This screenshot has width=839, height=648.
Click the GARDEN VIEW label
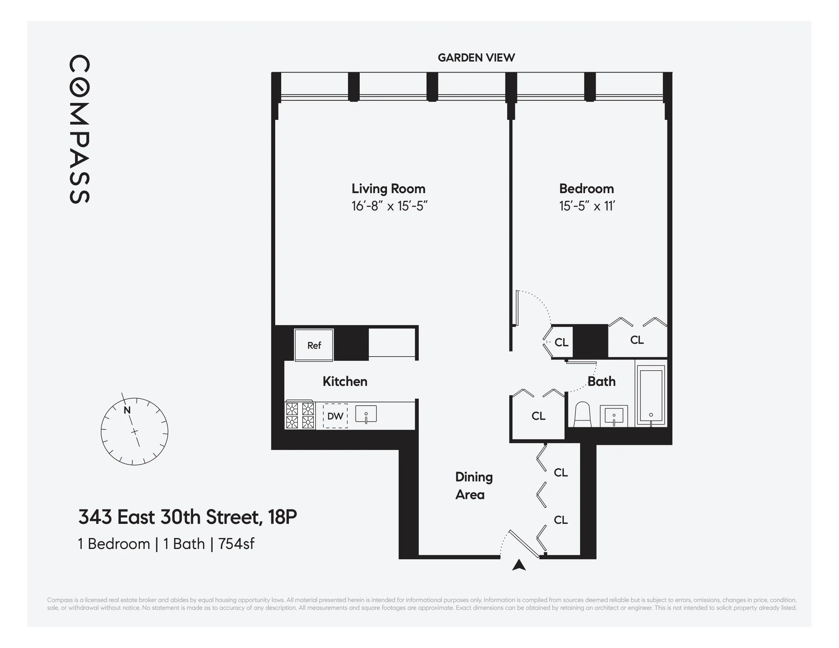pos(476,58)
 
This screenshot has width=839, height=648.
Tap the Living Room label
pos(388,189)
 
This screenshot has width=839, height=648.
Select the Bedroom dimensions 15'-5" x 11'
pos(586,206)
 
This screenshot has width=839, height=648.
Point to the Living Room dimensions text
pos(389,206)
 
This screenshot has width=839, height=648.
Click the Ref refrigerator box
pos(314,345)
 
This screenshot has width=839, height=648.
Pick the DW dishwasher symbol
pos(335,416)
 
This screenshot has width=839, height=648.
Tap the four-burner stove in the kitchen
pos(300,415)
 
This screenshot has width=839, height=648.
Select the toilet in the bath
pos(582,415)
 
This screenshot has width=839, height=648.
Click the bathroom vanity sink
pos(614,416)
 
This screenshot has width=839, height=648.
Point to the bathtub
pos(651,396)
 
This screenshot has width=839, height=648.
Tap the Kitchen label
pos(345,381)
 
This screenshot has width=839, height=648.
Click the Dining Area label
pos(473,486)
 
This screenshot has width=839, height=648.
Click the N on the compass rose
pos(127,410)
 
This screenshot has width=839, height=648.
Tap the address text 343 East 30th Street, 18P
pos(187,517)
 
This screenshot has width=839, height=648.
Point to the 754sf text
pos(236,544)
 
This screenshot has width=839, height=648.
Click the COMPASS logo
pos(80,129)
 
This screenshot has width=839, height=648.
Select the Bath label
pos(602,381)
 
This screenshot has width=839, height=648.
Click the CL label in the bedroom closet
pos(637,340)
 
